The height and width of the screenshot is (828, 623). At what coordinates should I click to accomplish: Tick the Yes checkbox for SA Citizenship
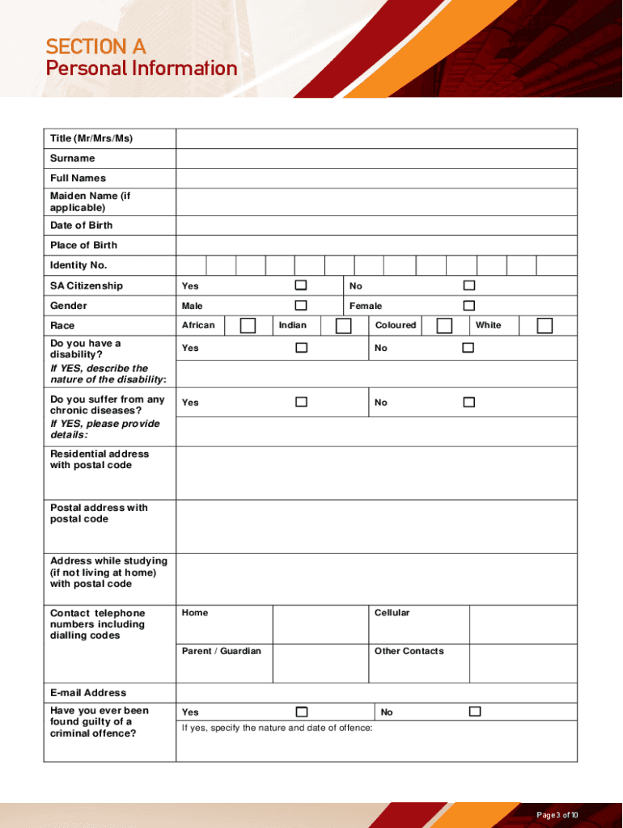[301, 285]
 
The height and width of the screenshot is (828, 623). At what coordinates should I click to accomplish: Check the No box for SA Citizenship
[468, 285]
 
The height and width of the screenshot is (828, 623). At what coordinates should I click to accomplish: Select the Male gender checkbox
[301, 306]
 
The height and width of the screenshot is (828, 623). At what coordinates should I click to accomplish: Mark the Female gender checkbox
[468, 306]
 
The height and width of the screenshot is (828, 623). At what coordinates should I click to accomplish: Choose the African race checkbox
[248, 325]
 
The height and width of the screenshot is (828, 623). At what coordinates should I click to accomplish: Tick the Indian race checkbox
[343, 325]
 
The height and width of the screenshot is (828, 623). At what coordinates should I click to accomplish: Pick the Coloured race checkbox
[444, 325]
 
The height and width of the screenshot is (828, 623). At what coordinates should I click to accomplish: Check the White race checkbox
[545, 325]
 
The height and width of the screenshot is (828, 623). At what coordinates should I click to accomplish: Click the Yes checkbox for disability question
[301, 348]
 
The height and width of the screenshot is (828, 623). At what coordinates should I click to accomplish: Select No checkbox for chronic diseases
[468, 402]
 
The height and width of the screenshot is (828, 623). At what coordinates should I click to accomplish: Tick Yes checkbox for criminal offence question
[301, 712]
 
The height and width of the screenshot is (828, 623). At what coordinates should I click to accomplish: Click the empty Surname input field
[376, 158]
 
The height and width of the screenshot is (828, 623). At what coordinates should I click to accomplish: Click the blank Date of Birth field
[376, 226]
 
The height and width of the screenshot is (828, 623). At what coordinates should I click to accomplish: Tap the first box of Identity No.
[192, 265]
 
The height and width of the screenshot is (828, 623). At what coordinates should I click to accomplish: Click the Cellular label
[392, 613]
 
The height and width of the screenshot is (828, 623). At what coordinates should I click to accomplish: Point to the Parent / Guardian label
[221, 651]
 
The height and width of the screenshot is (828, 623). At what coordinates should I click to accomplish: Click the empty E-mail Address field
[376, 693]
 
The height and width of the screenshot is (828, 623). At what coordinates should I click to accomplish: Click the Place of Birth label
[83, 245]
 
